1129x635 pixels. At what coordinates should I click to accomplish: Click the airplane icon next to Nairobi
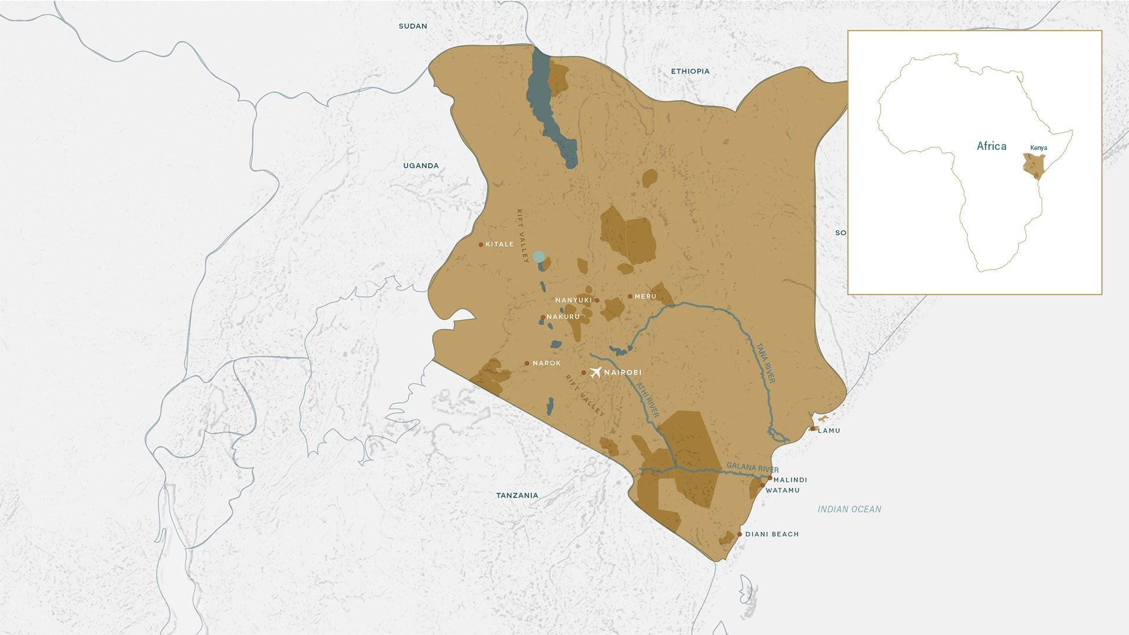point(595,372)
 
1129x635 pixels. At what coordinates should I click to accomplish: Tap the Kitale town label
point(499,245)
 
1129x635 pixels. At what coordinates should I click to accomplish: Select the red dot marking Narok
point(527,363)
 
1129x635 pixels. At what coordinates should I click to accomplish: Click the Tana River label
point(766,363)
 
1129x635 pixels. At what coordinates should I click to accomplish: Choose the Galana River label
point(752,468)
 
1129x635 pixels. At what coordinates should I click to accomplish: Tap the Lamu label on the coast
point(829,430)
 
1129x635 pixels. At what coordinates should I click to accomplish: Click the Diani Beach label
point(771,534)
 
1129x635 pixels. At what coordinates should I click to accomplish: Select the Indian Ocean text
point(849,509)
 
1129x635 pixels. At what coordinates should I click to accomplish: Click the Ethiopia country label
point(690,71)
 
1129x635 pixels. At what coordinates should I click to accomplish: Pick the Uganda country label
point(420,166)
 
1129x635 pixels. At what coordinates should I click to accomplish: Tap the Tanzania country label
point(517,496)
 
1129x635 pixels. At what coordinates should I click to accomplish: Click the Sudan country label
point(413,26)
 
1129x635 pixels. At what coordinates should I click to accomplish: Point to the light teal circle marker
point(539,257)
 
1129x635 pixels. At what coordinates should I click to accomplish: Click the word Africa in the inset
point(991,146)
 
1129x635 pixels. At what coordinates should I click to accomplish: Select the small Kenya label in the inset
point(1038,148)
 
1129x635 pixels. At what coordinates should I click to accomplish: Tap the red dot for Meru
point(630,296)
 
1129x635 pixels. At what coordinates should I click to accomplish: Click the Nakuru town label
point(563,317)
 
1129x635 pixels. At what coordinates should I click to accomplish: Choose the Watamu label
point(782,490)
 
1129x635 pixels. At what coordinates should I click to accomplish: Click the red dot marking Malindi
point(769,479)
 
